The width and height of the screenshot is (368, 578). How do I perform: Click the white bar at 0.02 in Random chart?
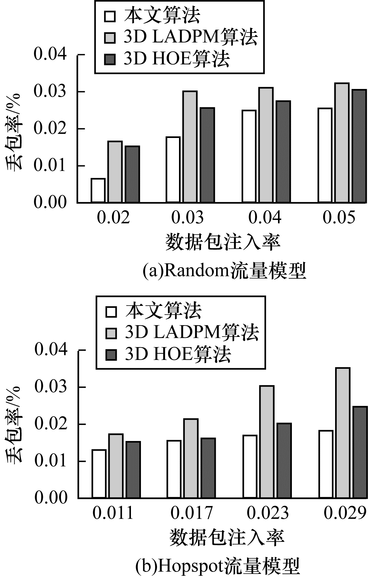coord(98,190)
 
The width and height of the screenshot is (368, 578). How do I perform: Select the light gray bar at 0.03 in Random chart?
coord(190,147)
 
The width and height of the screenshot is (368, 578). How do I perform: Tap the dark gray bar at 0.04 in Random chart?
coord(283,152)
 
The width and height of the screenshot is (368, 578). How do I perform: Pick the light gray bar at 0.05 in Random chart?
coord(342,143)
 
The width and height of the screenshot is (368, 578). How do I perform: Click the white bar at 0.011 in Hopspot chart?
coord(99,474)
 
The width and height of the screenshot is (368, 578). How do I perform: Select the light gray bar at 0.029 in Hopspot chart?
coord(343,433)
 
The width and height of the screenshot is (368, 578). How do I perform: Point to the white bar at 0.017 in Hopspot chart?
coord(174,469)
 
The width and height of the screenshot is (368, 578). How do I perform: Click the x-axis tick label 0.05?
coord(339,218)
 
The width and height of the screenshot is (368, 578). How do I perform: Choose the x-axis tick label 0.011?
coord(113,513)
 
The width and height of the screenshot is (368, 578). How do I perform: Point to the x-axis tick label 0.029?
coord(344,513)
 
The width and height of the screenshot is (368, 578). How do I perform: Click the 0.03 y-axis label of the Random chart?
coord(50,92)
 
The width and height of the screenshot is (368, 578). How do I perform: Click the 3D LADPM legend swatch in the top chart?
coord(110,38)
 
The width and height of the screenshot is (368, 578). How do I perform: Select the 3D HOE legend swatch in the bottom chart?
coord(111,355)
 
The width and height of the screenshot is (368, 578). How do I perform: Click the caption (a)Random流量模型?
coord(224,271)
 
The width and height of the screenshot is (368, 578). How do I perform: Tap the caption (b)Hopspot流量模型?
coord(218,566)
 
